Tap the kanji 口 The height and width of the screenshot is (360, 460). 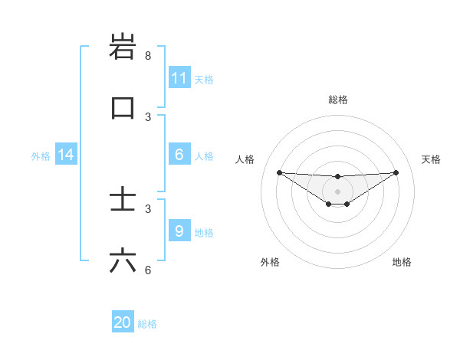click(x=123, y=107)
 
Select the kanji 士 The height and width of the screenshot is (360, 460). click(x=123, y=201)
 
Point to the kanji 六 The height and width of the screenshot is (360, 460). click(x=123, y=261)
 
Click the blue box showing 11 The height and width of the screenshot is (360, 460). click(x=179, y=77)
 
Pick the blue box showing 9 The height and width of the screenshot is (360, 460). click(x=179, y=231)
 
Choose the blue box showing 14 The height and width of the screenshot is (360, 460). click(x=66, y=155)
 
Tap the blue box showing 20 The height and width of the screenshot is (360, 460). click(x=123, y=322)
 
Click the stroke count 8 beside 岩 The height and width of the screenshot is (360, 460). click(x=148, y=56)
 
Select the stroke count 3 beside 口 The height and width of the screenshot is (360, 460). click(x=148, y=116)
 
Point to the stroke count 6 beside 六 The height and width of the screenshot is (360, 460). click(x=148, y=270)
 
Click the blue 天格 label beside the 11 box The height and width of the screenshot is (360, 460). click(x=204, y=79)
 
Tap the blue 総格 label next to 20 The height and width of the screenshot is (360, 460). click(x=147, y=324)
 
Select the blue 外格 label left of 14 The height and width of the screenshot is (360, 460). click(x=41, y=156)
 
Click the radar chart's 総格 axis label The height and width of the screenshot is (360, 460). click(x=337, y=100)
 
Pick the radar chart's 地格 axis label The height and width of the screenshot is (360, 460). click(x=402, y=262)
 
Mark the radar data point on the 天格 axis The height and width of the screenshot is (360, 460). click(x=396, y=172)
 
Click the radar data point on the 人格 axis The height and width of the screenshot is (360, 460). click(x=279, y=172)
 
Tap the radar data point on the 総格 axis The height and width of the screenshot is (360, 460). click(x=337, y=177)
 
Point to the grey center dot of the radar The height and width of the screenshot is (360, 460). click(x=337, y=191)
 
